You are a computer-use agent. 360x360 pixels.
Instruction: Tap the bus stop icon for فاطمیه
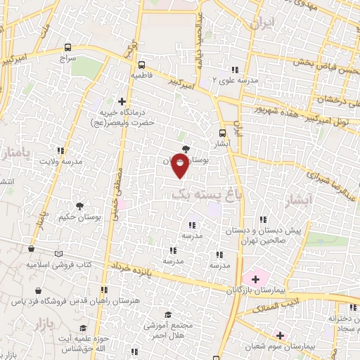(x=141, y=62)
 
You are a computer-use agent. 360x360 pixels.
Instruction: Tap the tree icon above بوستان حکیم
(x=78, y=206)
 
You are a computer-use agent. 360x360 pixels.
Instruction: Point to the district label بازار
(x=44, y=324)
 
